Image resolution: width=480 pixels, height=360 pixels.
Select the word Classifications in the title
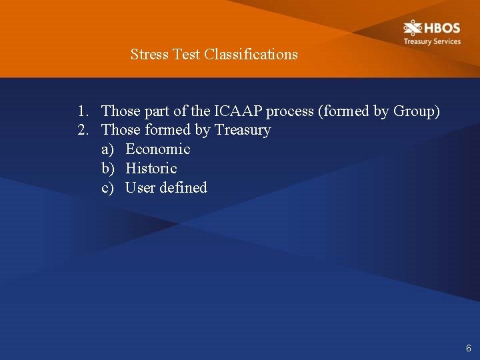251,54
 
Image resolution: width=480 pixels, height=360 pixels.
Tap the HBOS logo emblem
413,28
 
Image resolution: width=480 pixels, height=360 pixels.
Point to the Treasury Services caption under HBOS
431,41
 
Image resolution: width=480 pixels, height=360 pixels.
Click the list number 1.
82,111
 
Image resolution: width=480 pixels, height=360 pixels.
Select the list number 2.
82,130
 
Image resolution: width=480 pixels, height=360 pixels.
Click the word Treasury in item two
243,130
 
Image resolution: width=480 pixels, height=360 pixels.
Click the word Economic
158,149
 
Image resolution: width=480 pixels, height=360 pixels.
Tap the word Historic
151,169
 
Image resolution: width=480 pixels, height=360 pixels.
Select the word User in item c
140,188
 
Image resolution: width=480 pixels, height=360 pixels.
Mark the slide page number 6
469,348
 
